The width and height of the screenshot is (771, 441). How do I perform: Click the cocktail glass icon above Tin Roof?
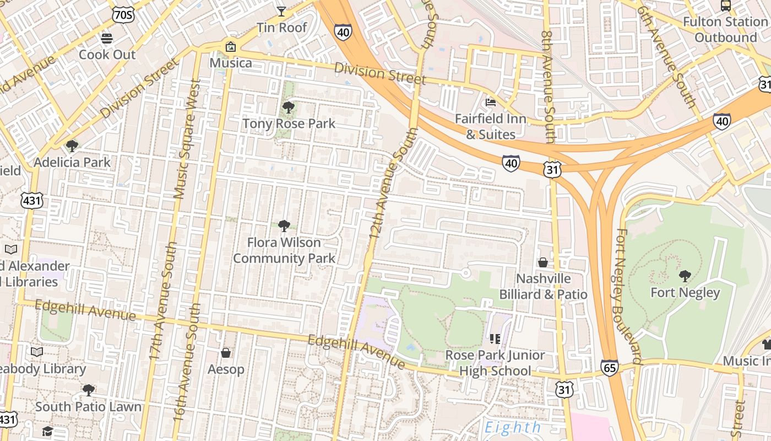point(281,11)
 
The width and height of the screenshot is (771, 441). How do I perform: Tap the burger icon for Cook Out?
point(107,39)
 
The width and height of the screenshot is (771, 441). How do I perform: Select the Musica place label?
point(231,63)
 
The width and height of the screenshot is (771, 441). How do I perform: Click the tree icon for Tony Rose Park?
point(288,107)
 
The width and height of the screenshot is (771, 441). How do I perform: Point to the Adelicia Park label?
point(72,162)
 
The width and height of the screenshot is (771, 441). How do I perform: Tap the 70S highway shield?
point(122,15)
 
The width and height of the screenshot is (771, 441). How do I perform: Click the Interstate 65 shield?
point(610,368)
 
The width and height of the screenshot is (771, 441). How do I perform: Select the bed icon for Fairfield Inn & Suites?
point(490,102)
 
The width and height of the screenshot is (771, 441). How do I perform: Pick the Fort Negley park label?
point(685,292)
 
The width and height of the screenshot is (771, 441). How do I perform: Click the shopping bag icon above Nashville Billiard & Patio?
point(543,262)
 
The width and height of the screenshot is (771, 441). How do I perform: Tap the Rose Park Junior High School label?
point(495,363)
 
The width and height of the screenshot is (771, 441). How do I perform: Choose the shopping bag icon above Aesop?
point(226,353)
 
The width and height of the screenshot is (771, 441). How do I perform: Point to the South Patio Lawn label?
point(88,407)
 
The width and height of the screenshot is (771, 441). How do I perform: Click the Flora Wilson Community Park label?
point(284,250)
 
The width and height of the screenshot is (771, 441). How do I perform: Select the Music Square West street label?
point(186,139)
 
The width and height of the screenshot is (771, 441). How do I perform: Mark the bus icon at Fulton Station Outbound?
point(726,6)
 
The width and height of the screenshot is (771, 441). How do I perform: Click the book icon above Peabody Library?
point(37,352)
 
